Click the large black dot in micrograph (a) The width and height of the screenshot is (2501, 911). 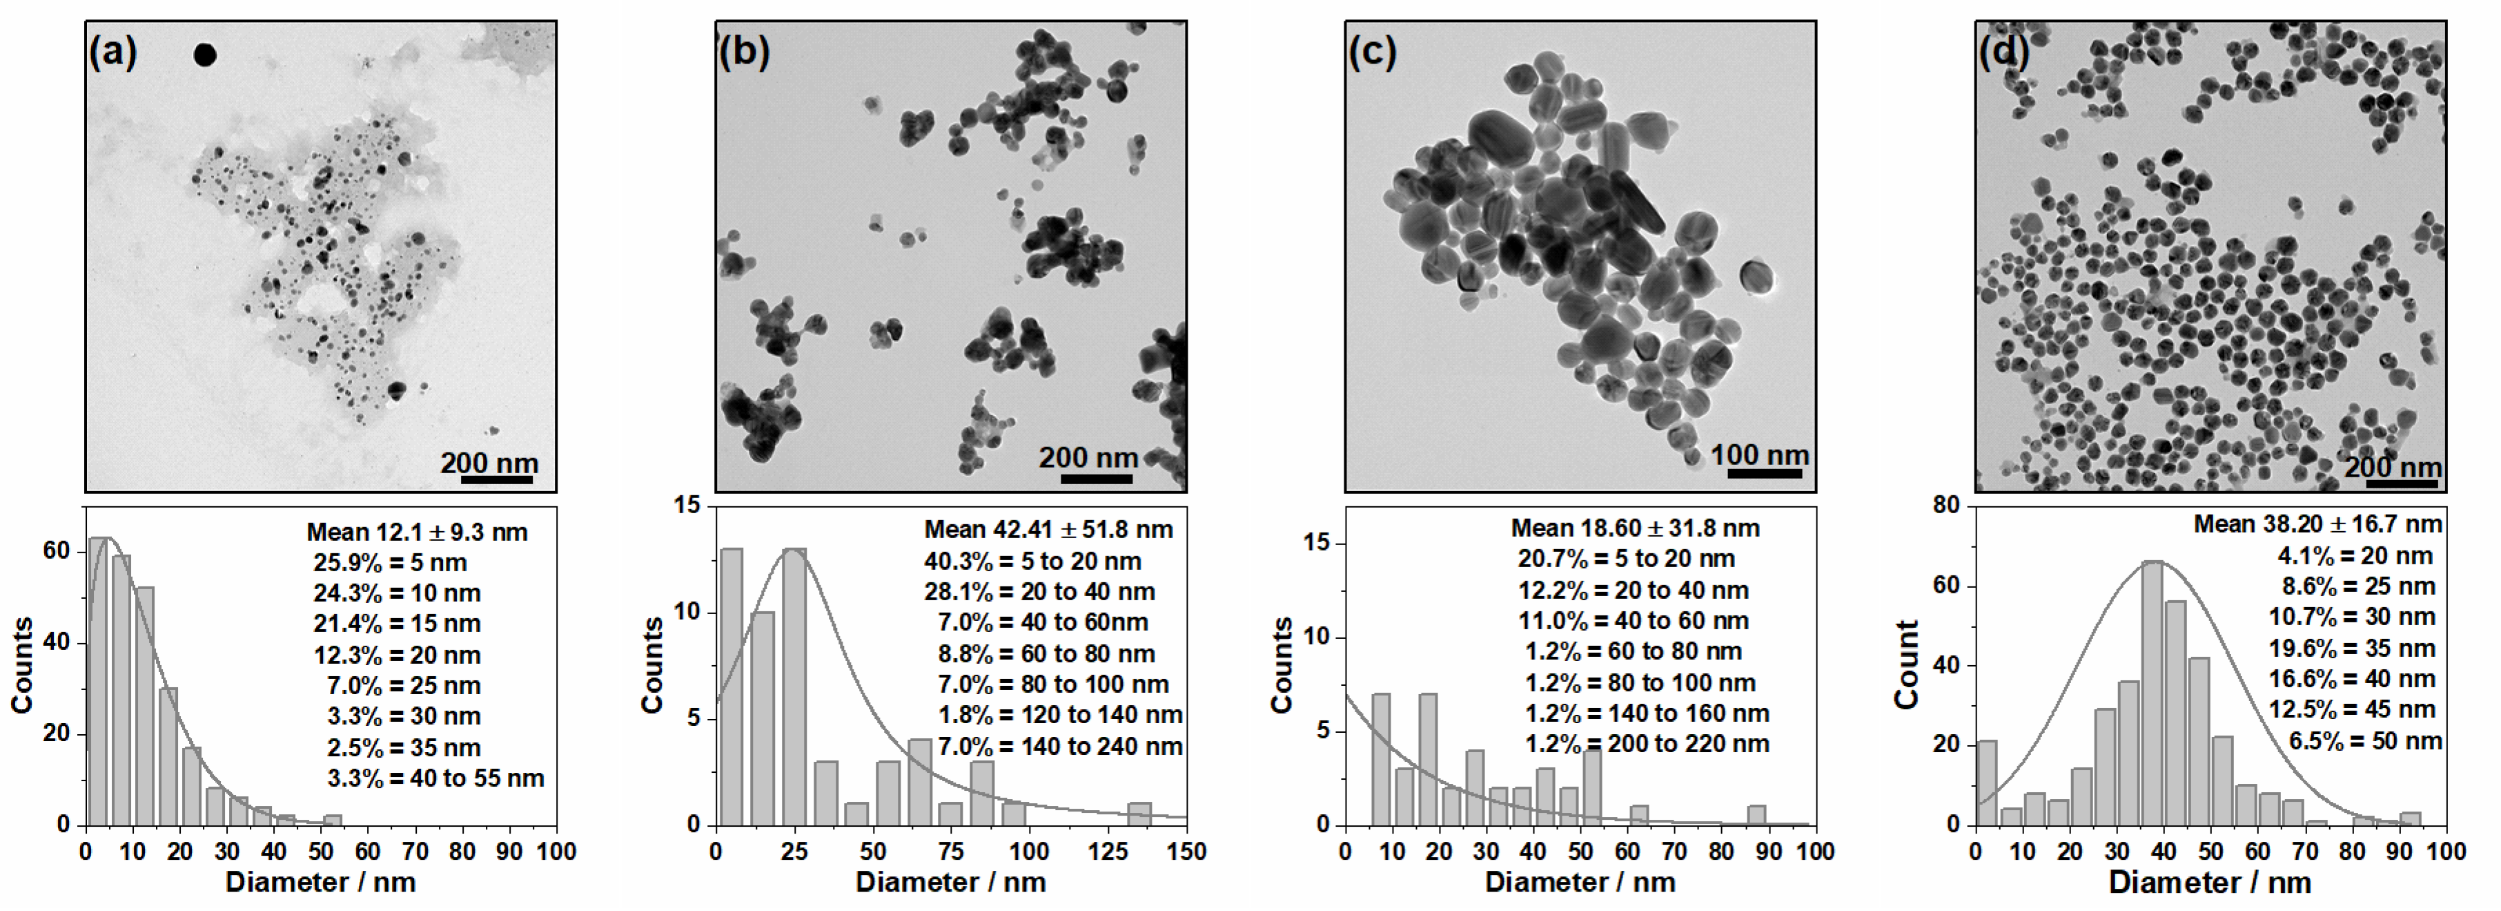pyautogui.click(x=204, y=55)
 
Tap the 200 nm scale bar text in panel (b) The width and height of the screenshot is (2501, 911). pyautogui.click(x=1088, y=457)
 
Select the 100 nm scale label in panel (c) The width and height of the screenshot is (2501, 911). pyautogui.click(x=1759, y=454)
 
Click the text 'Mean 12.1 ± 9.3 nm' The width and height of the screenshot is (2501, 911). pyautogui.click(x=417, y=533)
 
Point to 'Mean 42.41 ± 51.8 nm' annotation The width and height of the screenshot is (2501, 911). pyautogui.click(x=1048, y=529)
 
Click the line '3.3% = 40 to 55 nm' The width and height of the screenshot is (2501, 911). pyautogui.click(x=435, y=778)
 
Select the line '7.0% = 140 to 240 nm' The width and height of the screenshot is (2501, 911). pyautogui.click(x=1059, y=746)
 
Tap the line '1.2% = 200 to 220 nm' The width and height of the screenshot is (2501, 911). pyautogui.click(x=1646, y=744)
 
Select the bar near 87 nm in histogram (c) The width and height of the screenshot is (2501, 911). pyautogui.click(x=1756, y=815)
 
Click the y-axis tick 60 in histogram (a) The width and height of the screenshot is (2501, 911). pyautogui.click(x=57, y=550)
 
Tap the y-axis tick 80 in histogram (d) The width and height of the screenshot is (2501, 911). pyautogui.click(x=1947, y=505)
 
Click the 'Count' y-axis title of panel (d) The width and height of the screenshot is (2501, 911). pyautogui.click(x=1907, y=664)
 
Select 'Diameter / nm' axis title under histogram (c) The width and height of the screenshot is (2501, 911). pyautogui.click(x=1580, y=882)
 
